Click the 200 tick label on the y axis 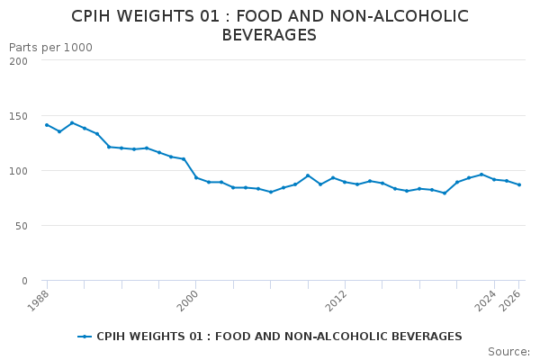pos(18,60)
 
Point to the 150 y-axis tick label pos(18,116)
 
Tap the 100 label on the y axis pos(18,171)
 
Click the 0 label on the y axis pos(24,281)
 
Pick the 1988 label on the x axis pos(39,298)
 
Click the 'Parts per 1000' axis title pos(50,47)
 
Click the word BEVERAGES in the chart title pos(269,35)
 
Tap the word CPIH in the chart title pos(93,16)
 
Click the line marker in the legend pos(85,337)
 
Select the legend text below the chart pos(279,337)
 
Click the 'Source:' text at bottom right pos(508,351)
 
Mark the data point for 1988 pos(47,125)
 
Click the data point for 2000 pos(196,177)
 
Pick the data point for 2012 pos(345,182)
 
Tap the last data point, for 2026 pos(518,184)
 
